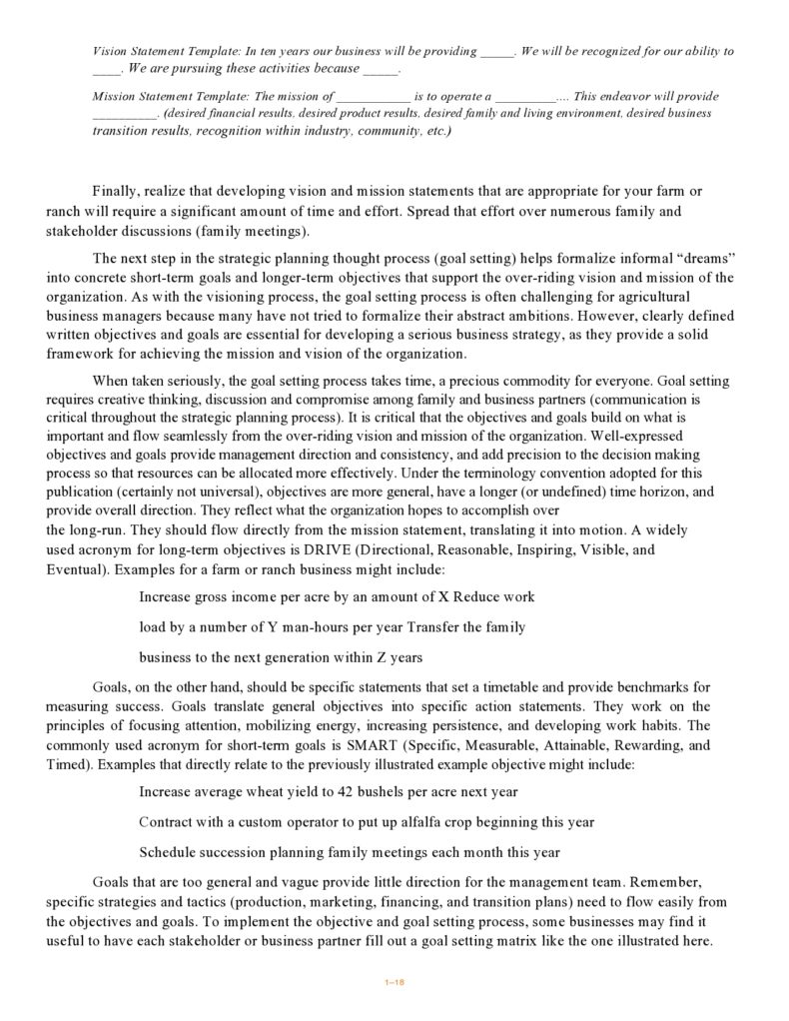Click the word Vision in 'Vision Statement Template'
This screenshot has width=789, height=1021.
pos(110,51)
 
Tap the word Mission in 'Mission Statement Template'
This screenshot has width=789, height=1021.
pos(114,97)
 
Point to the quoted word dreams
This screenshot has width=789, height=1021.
pos(708,258)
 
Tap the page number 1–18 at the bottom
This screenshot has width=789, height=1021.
pos(394,982)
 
